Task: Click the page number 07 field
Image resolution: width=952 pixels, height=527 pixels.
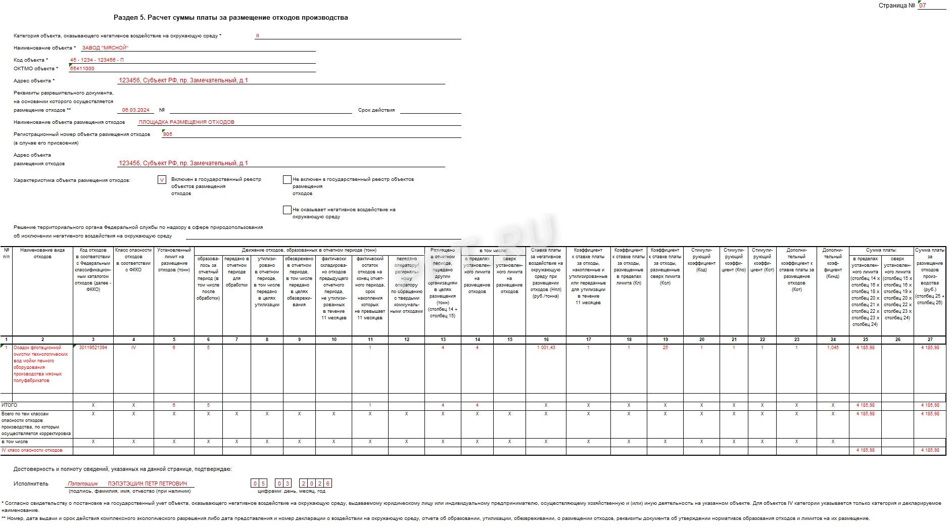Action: point(931,6)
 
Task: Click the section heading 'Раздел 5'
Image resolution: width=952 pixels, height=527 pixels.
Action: point(230,18)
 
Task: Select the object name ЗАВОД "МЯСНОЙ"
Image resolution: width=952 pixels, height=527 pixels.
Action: point(105,48)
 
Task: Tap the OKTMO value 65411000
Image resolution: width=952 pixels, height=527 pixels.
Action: point(82,69)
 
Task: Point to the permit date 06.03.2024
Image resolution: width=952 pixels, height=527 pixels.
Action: point(136,110)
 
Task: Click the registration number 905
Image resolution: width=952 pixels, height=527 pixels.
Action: point(168,134)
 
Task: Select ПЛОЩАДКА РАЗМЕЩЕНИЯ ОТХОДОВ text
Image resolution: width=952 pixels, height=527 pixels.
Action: point(186,122)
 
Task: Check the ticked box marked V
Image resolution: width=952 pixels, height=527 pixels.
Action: point(162,180)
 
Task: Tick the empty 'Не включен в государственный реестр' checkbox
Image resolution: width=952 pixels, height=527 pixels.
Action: point(287,180)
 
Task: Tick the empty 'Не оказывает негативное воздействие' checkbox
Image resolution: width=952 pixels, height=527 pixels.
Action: point(287,210)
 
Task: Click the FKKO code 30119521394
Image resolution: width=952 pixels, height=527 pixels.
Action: point(93,348)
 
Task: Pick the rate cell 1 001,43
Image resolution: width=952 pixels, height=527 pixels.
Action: point(546,348)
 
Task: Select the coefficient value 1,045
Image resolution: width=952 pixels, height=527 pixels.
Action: point(833,348)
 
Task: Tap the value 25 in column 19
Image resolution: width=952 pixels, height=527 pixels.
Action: point(665,348)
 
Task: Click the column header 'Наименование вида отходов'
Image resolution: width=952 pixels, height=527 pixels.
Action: point(42,253)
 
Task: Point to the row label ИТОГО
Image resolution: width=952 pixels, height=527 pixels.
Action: point(10,405)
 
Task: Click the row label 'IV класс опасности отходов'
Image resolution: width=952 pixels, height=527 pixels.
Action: point(32,450)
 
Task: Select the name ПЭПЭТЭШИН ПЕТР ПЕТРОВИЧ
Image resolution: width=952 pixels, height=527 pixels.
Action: point(147,484)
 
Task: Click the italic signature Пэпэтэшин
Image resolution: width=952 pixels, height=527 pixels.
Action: point(83,484)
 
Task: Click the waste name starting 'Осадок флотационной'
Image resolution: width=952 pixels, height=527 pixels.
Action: point(37,364)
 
